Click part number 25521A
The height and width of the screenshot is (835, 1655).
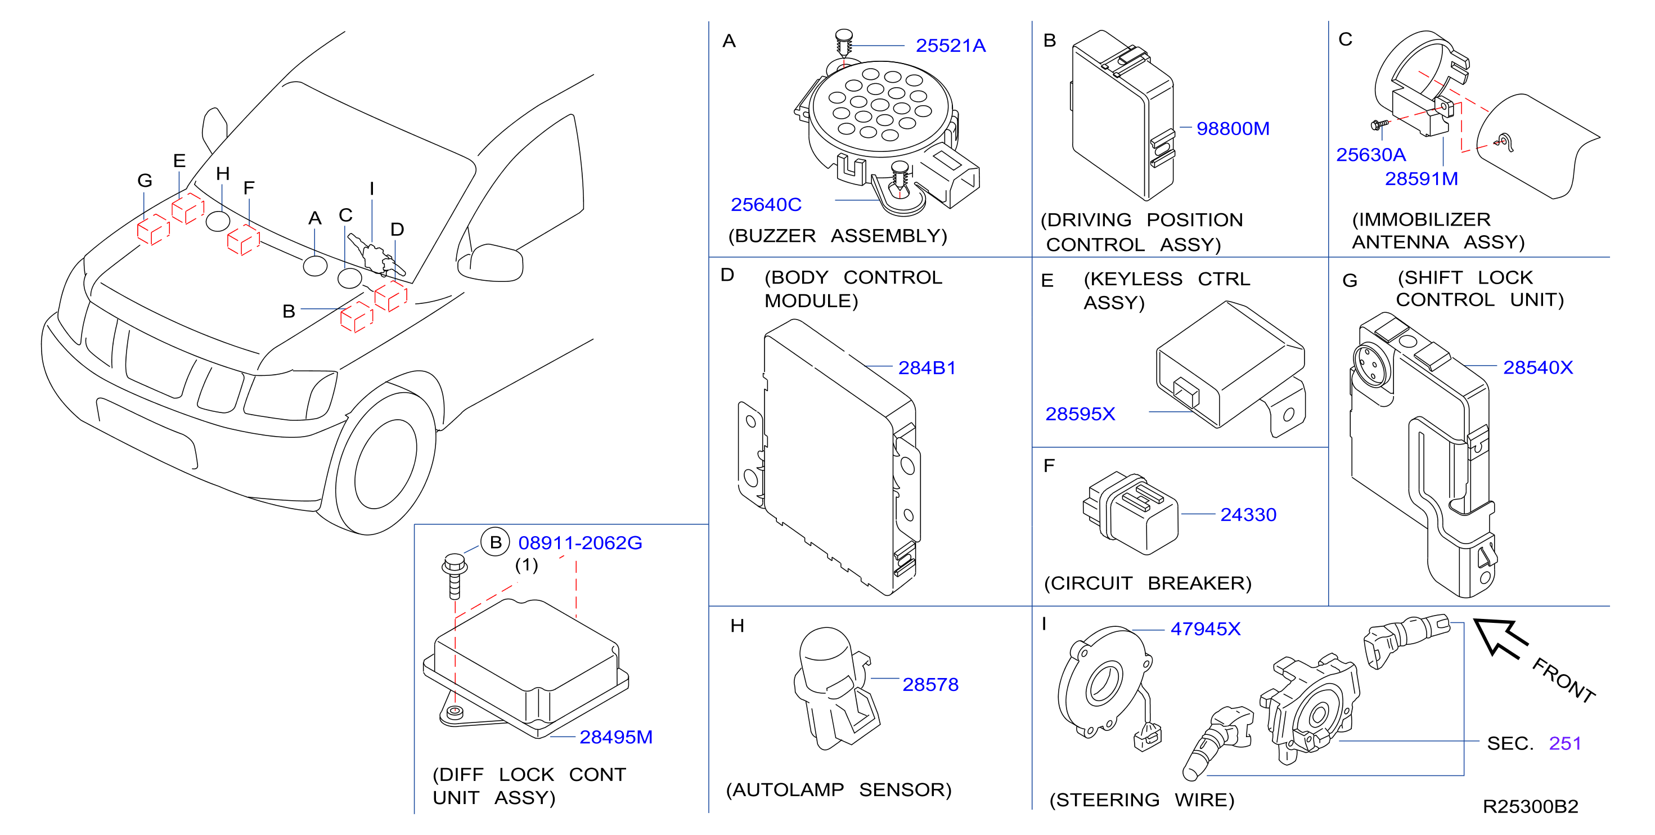point(950,46)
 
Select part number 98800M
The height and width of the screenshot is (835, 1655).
point(1233,128)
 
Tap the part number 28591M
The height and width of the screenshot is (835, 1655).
point(1421,179)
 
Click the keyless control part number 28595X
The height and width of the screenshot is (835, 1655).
point(1080,414)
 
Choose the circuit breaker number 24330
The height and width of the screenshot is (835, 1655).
point(1248,514)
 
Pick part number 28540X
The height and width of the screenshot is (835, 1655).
point(1538,367)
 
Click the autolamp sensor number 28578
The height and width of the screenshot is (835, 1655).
point(930,685)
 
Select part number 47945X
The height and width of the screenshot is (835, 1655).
point(1206,629)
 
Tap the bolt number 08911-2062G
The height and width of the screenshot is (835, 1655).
point(580,543)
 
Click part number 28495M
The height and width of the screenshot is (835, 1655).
point(615,737)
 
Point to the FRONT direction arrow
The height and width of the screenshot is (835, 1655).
point(1501,638)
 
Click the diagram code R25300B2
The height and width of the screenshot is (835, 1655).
point(1530,807)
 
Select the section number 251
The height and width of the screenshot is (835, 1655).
point(1565,744)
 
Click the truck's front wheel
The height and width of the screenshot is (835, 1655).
point(385,464)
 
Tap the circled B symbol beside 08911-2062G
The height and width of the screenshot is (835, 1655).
point(496,542)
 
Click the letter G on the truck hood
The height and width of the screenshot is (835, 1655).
point(145,181)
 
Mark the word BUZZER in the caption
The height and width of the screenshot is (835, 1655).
point(775,236)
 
